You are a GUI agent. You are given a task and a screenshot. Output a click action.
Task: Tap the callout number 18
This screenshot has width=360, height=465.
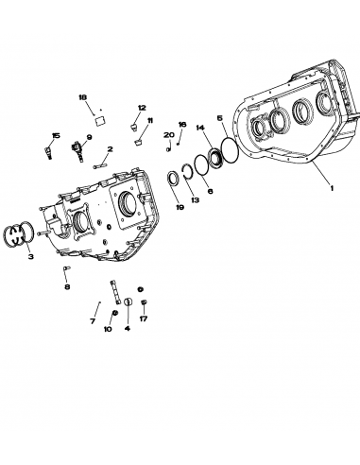click(81, 97)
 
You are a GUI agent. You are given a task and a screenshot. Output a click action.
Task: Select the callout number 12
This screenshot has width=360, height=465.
click(141, 108)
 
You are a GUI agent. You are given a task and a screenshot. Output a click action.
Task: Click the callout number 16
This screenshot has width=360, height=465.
click(182, 124)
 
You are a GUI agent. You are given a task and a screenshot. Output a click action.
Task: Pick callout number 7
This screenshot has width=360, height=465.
click(93, 321)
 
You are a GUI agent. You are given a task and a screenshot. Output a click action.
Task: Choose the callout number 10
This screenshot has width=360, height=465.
click(107, 329)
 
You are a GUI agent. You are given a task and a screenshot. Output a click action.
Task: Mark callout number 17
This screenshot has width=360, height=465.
click(144, 319)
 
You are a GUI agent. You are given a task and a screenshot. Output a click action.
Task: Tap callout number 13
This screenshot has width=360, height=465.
click(194, 200)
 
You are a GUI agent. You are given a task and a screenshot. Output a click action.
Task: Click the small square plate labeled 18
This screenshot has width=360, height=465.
click(100, 118)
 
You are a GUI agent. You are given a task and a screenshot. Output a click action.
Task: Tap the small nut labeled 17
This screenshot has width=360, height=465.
click(144, 303)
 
